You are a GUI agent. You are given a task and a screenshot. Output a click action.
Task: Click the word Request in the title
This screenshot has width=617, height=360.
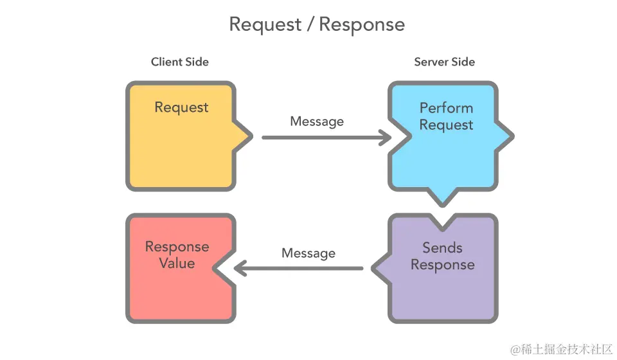pyautogui.click(x=265, y=24)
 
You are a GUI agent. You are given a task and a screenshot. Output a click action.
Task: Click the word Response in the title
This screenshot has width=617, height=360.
pyautogui.click(x=362, y=24)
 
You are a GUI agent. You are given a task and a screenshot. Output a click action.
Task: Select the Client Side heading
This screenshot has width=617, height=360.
pyautogui.click(x=180, y=62)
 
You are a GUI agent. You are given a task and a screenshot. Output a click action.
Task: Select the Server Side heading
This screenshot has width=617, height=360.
pyautogui.click(x=444, y=62)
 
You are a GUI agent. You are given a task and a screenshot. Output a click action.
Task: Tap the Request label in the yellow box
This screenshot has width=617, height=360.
pyautogui.click(x=181, y=107)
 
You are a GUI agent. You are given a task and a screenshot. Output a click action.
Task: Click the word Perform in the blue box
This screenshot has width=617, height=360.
pyautogui.click(x=446, y=107)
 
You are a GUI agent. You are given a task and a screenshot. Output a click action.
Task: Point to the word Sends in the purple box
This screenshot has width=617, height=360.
pyautogui.click(x=442, y=248)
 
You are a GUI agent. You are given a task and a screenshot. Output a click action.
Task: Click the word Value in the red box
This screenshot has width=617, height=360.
pyautogui.click(x=177, y=264)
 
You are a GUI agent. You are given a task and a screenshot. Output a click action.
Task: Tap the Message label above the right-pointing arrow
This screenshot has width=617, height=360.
pyautogui.click(x=317, y=122)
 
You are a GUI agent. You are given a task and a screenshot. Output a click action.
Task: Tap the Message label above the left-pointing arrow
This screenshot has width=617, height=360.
pyautogui.click(x=308, y=253)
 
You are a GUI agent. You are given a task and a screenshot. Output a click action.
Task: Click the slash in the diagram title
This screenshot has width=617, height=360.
pyautogui.click(x=310, y=24)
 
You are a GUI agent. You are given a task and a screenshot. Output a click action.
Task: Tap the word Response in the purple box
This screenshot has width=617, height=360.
pyautogui.click(x=442, y=265)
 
